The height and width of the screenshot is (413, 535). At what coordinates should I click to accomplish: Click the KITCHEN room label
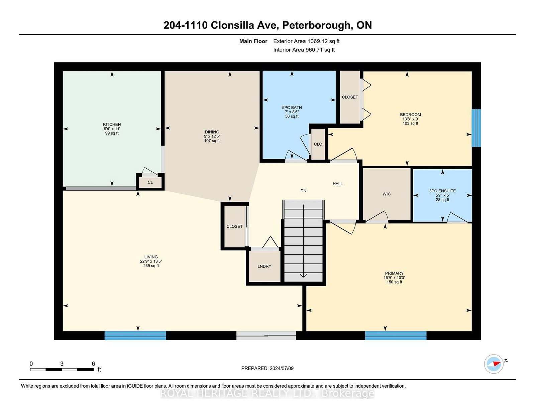(112, 125)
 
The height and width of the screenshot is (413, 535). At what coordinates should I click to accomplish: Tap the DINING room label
(212, 132)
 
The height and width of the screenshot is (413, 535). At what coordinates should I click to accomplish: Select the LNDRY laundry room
(264, 266)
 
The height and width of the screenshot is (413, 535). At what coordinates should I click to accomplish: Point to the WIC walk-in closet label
(387, 194)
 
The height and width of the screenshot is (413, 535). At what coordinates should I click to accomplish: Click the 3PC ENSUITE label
(442, 191)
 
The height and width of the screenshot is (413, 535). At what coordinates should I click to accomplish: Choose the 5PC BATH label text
(292, 108)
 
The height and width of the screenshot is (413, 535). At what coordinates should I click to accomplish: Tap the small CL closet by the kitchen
(150, 182)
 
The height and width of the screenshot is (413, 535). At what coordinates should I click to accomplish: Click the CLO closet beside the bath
(318, 144)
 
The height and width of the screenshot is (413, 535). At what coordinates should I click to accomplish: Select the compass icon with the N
(494, 364)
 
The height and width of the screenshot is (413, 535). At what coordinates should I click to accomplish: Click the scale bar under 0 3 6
(62, 370)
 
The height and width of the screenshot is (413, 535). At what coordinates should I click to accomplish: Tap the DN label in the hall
(303, 191)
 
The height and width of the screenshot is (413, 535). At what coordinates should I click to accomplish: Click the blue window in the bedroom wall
(476, 128)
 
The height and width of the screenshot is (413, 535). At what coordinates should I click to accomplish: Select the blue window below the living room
(135, 336)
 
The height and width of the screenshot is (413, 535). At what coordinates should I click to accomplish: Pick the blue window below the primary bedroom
(396, 336)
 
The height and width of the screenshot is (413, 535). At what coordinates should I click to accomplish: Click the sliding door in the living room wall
(266, 336)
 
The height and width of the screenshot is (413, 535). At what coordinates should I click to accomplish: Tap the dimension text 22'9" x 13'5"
(151, 261)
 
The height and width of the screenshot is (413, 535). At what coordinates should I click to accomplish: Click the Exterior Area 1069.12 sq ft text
(306, 41)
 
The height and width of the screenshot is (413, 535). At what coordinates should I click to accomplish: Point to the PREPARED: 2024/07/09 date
(267, 368)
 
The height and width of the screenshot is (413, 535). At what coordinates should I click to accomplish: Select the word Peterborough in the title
(317, 25)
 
